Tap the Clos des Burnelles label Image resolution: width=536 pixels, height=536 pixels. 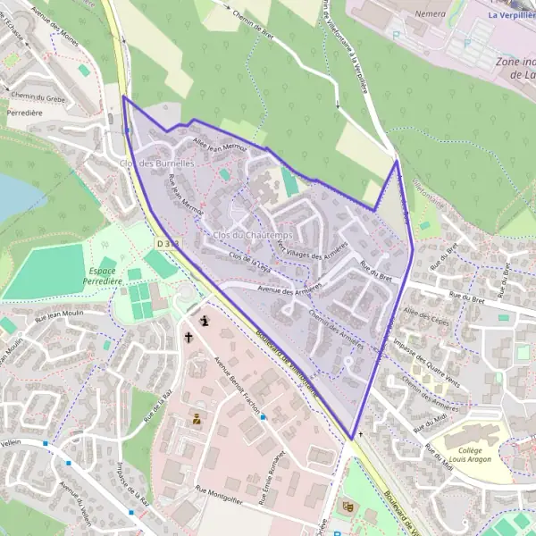point(157,163)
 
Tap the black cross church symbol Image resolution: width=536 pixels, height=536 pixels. point(188,338)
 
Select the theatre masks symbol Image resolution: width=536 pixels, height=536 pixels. point(348,507)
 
